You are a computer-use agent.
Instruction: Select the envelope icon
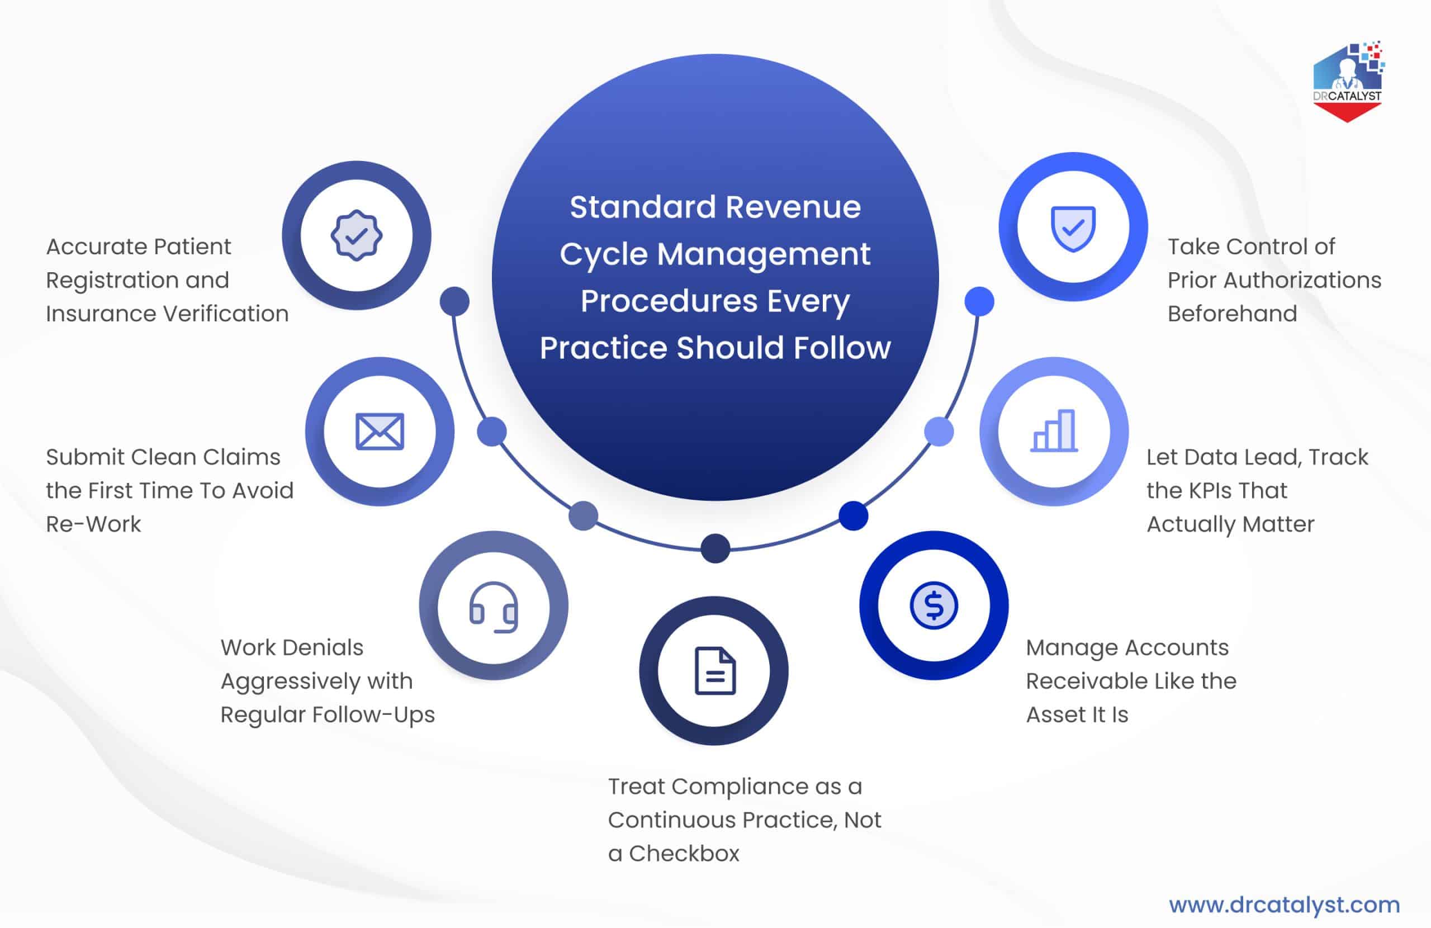tap(380, 431)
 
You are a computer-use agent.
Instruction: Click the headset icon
tap(493, 606)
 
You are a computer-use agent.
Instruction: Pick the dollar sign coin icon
tap(933, 605)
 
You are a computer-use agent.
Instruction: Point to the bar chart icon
tap(1054, 430)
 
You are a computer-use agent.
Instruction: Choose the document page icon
tap(714, 671)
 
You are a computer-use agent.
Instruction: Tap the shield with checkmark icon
tap(1073, 228)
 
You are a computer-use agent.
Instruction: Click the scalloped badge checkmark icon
tap(356, 235)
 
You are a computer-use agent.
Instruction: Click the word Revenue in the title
tap(793, 207)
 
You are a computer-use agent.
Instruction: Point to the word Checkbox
tap(684, 854)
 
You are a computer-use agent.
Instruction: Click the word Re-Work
tap(93, 524)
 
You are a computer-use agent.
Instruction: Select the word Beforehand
tap(1232, 314)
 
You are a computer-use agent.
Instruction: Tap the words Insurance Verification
tap(167, 314)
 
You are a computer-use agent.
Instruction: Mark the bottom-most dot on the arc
tap(715, 548)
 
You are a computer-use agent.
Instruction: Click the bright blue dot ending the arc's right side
tap(979, 301)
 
